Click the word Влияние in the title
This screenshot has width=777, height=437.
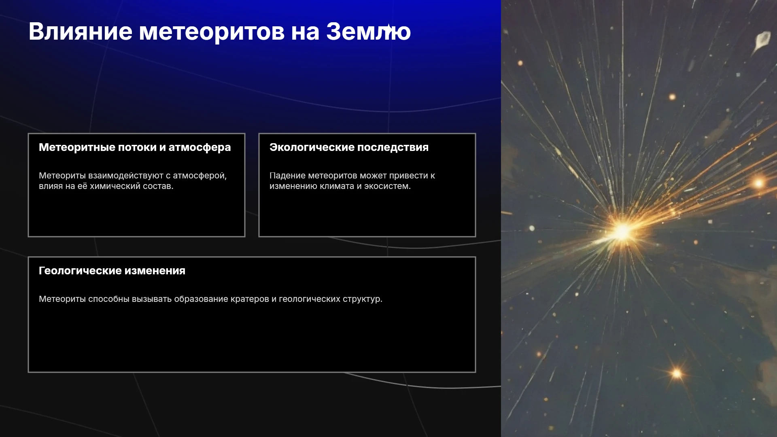point(81,31)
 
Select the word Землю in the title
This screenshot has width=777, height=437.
point(368,31)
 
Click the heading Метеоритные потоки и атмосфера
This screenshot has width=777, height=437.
point(135,148)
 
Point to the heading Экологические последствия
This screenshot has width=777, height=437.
point(349,147)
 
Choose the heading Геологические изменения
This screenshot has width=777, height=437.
point(112,271)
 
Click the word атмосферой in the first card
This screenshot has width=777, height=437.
point(200,176)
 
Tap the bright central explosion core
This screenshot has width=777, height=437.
point(622,231)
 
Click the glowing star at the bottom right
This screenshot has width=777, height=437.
point(677,373)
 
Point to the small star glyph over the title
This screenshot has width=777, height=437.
point(388,28)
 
